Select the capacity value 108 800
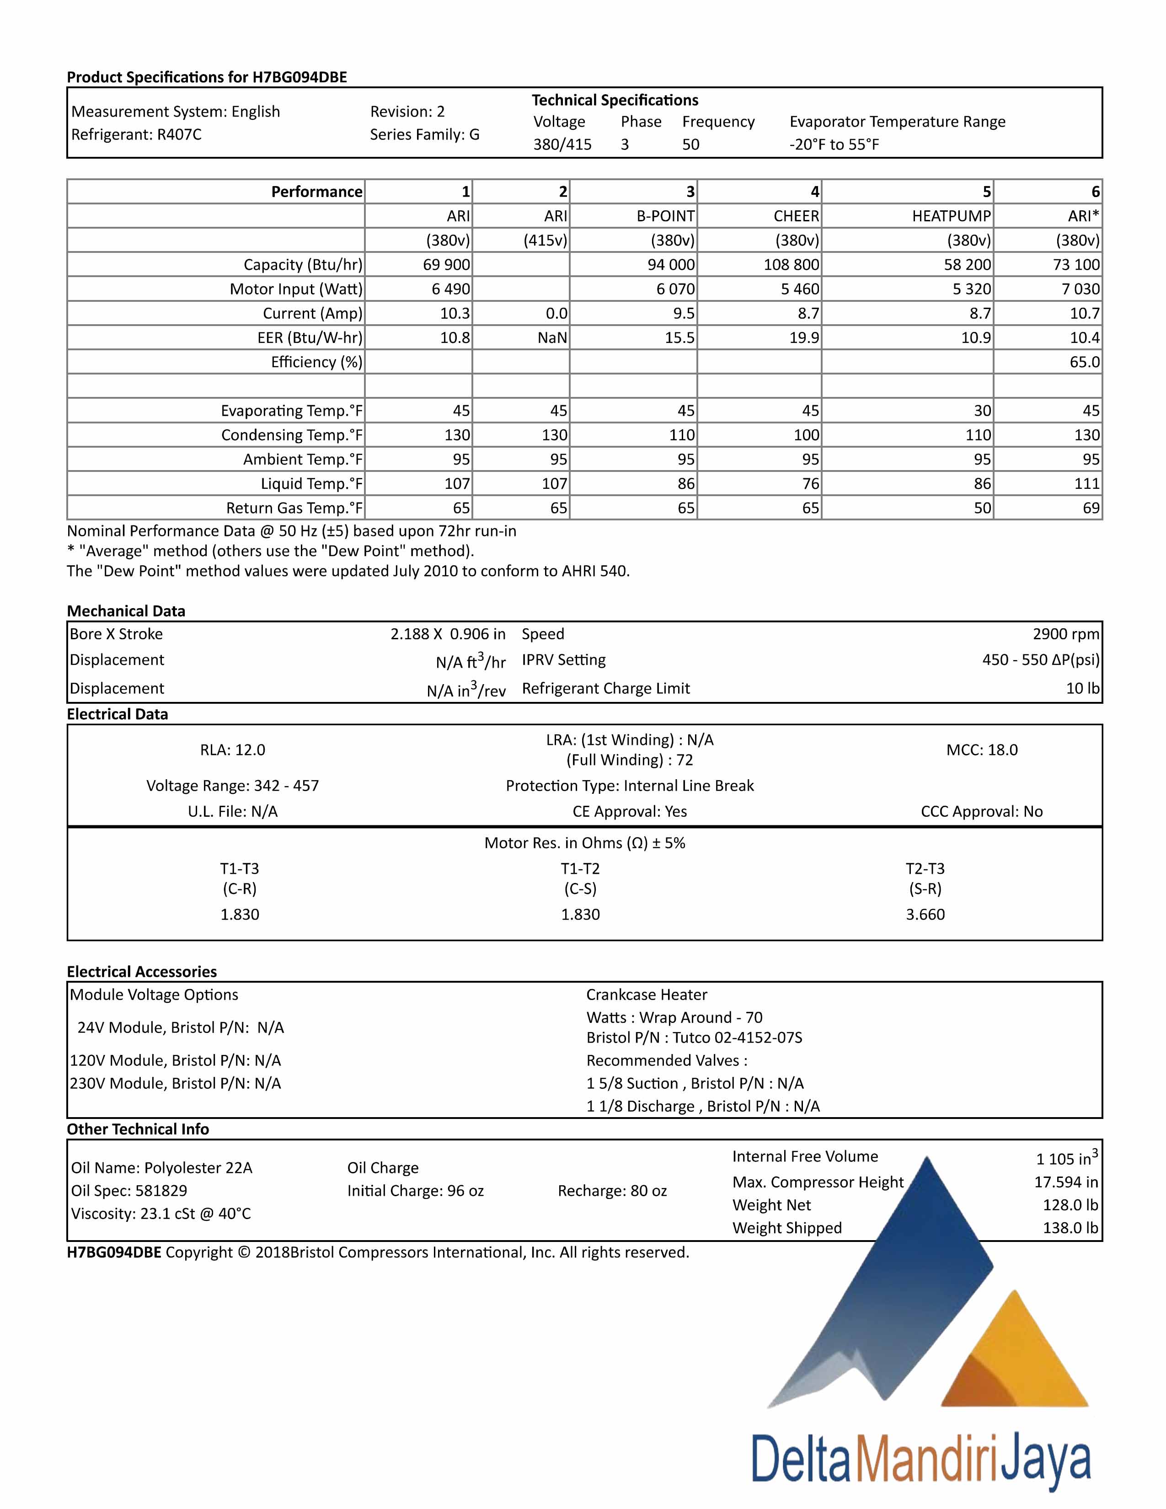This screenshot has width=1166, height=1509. coord(791,265)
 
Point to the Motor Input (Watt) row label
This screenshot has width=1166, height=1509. coord(296,289)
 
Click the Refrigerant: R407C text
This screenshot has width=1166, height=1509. coord(136,135)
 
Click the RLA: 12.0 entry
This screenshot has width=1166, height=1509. coord(232,749)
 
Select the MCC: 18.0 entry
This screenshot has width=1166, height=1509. coord(982,749)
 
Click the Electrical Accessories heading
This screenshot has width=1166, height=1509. coord(142,971)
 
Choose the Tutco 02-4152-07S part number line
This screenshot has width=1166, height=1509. coord(694,1038)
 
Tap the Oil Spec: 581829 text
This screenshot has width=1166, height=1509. coord(128,1190)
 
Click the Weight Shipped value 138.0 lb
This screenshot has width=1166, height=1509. coord(1070,1228)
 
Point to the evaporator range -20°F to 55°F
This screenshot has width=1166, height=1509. coord(834,145)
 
